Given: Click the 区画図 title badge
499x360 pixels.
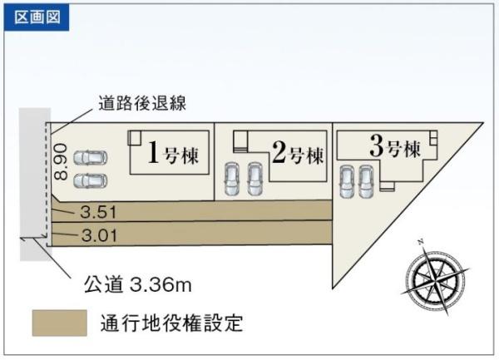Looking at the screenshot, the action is click(37, 17).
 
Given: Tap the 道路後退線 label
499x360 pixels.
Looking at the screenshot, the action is click(142, 103).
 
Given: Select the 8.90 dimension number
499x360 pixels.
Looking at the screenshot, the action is click(60, 161).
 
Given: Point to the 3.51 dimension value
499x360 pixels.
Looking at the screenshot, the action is click(98, 212).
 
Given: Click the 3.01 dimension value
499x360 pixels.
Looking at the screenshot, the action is click(99, 235).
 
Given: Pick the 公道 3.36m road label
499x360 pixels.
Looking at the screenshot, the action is click(138, 284).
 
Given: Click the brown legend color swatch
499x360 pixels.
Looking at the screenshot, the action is click(60, 323).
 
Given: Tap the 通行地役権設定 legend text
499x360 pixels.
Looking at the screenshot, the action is click(172, 323).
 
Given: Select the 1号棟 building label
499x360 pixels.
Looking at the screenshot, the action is click(174, 153).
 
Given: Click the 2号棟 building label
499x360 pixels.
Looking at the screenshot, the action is click(298, 153).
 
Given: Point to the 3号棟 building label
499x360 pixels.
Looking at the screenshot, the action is click(395, 146).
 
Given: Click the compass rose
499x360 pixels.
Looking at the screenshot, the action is click(435, 277).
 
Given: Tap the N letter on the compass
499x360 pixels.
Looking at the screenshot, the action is click(421, 242).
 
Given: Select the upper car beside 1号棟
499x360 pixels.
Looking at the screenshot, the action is click(91, 158).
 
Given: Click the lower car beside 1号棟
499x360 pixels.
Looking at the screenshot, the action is click(91, 181).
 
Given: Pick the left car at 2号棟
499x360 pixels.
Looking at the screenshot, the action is click(231, 179).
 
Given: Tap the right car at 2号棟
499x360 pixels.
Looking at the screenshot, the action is click(255, 179).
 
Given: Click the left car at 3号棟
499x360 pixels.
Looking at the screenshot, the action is click(347, 181).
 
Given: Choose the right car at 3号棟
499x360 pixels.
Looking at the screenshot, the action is click(366, 181).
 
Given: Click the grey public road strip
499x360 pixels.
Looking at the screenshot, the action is click(35, 185).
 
